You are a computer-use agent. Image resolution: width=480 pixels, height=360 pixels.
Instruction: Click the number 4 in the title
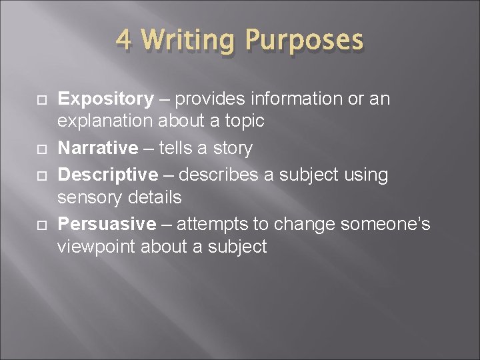123,40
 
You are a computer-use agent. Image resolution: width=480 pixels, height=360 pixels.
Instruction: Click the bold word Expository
106,99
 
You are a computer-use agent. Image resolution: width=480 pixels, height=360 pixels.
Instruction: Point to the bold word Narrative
99,147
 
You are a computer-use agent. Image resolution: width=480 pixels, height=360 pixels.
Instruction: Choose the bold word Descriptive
109,175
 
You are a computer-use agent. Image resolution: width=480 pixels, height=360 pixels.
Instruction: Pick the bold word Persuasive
107,224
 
